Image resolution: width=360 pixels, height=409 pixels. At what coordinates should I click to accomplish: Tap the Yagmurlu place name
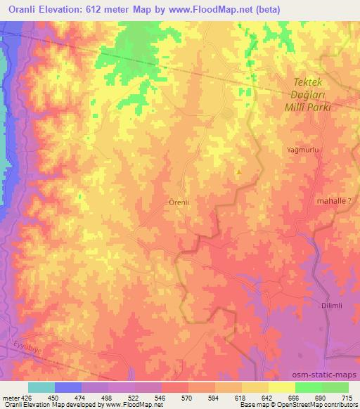(302, 150)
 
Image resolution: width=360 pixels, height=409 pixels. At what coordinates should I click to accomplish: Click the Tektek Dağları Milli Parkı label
(304, 96)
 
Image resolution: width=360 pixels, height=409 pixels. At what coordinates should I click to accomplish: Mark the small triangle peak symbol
(240, 171)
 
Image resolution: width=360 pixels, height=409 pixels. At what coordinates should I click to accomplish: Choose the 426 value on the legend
(27, 397)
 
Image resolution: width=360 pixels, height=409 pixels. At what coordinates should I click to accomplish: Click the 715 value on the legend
(348, 397)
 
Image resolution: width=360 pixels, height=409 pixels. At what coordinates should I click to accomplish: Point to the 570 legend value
(188, 397)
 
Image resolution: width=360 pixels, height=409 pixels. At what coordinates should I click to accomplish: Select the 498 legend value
(108, 397)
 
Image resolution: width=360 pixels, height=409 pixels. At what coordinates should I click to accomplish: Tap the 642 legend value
(268, 397)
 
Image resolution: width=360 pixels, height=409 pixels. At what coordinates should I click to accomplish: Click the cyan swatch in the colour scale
(41, 387)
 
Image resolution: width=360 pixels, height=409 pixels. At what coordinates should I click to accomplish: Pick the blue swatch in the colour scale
(67, 387)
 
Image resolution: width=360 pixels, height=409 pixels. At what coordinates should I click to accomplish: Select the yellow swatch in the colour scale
(281, 387)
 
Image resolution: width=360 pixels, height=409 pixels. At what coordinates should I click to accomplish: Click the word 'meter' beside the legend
(11, 397)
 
